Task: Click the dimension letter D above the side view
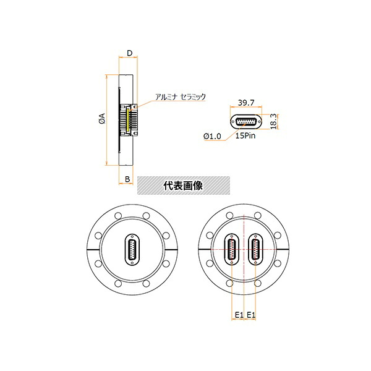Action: click(x=129, y=53)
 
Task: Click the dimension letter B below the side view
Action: click(x=127, y=179)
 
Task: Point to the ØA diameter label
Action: click(x=102, y=119)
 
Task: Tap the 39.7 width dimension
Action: click(x=246, y=103)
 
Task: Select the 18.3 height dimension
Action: click(x=273, y=121)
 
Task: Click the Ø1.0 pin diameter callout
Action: click(x=212, y=136)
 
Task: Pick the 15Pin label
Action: click(x=245, y=135)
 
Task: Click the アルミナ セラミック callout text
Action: click(x=181, y=96)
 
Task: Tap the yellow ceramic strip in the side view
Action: click(x=128, y=120)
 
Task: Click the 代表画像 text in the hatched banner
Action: click(x=183, y=185)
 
